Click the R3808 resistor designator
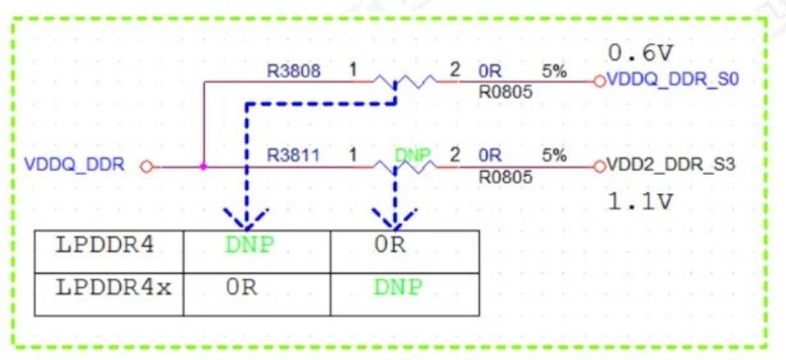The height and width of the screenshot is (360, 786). click(x=293, y=71)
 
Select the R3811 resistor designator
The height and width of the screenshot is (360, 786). click(x=293, y=156)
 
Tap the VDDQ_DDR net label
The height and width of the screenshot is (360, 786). click(x=74, y=166)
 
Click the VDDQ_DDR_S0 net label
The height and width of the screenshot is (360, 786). click(x=672, y=80)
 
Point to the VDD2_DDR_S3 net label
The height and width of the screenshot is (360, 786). click(x=671, y=165)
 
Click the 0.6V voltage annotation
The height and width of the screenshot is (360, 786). click(x=639, y=52)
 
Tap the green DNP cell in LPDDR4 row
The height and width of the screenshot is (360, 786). click(x=250, y=246)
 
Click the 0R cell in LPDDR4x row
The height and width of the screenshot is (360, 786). click(x=242, y=289)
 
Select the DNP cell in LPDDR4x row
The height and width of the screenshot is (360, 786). click(x=397, y=289)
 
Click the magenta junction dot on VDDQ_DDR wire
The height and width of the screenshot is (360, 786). click(x=203, y=166)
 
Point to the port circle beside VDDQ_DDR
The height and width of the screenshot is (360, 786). click(x=146, y=167)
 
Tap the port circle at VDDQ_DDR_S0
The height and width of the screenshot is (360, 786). click(x=599, y=81)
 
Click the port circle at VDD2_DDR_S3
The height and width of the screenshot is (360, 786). click(x=599, y=166)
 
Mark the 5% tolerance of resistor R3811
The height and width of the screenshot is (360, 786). click(x=554, y=156)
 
